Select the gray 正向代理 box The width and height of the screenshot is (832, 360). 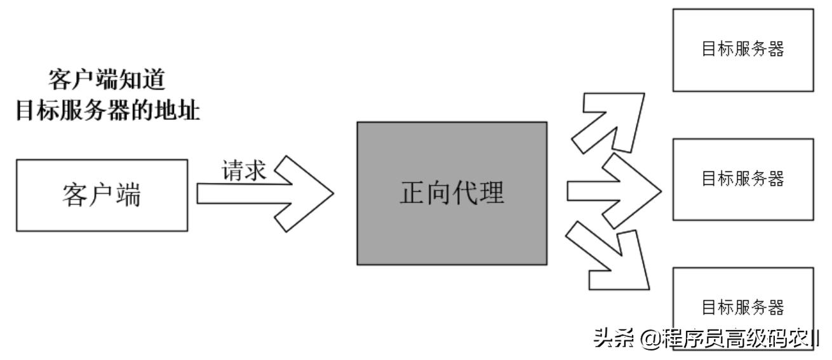tap(452, 194)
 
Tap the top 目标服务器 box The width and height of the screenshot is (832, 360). tap(742, 50)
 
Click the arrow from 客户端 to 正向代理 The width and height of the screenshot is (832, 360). tap(267, 193)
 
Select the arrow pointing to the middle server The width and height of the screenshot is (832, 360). tap(613, 191)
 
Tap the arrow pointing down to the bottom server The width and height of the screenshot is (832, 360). tap(610, 254)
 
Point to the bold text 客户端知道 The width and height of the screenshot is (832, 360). tap(107, 81)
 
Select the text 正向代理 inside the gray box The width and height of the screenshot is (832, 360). tap(452, 194)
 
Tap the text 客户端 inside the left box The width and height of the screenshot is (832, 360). tap(102, 195)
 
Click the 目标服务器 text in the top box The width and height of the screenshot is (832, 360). tap(742, 50)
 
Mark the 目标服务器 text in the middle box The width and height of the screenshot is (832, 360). tap(742, 179)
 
